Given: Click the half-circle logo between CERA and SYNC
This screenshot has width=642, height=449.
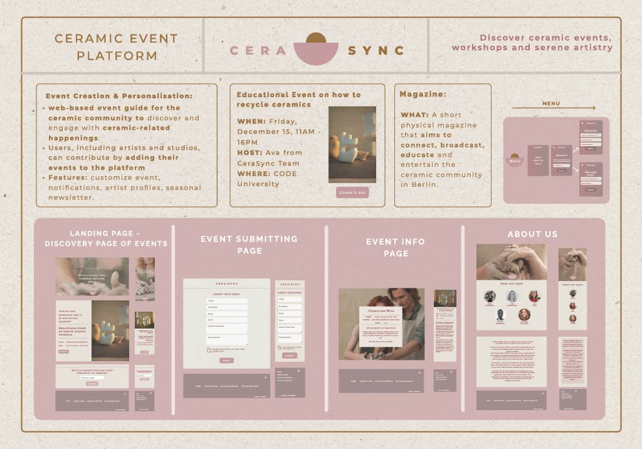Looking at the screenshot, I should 317,49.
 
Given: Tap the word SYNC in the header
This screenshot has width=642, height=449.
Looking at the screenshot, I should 376,51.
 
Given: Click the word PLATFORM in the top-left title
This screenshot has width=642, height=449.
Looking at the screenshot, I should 117,56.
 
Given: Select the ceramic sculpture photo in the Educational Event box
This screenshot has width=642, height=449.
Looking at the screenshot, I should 352,144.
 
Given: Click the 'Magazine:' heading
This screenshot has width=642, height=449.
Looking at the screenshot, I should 423,94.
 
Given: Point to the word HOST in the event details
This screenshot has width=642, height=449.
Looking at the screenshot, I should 249,152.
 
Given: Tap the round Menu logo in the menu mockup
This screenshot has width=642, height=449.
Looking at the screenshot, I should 515,160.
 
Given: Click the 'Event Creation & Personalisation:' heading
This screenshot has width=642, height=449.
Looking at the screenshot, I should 119,96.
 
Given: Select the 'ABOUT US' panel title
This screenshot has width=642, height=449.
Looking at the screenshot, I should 532,234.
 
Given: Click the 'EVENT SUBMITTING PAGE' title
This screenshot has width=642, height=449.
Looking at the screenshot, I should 249,245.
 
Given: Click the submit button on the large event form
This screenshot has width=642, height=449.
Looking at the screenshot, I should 226,361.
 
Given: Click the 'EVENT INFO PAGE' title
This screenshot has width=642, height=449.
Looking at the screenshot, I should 395,247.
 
